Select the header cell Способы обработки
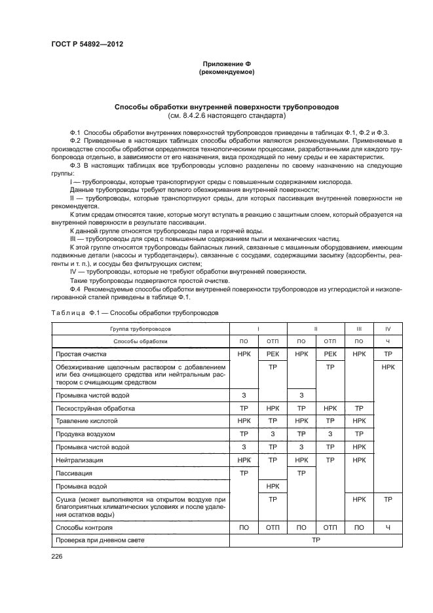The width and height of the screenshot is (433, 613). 140,341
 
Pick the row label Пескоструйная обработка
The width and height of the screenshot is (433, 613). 96,408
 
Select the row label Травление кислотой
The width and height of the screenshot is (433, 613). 86,421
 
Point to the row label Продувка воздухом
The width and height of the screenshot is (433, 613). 85,434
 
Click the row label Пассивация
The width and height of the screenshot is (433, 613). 74,473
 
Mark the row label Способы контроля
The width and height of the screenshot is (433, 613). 84,527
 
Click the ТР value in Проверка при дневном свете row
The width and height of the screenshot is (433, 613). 316,540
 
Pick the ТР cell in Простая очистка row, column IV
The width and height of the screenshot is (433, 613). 388,354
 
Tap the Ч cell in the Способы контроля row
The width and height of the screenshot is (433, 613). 388,527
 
